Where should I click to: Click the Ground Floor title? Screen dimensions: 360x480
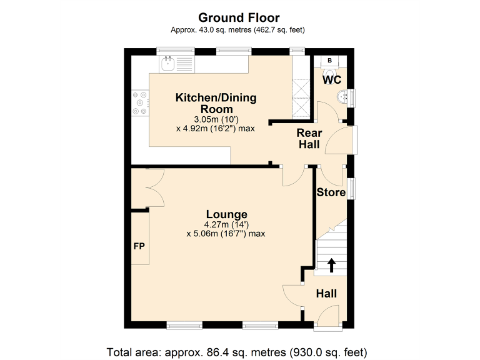click(239, 17)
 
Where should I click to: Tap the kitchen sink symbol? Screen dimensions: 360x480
click(168, 62)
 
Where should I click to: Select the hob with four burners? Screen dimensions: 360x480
click(141, 103)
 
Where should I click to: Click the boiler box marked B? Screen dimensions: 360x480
click(330, 61)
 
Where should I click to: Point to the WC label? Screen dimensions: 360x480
click(331, 80)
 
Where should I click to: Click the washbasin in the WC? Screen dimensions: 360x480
click(342, 97)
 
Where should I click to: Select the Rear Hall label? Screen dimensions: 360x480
click(309, 139)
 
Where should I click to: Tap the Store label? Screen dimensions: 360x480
click(331, 192)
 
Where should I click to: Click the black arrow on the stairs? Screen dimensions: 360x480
click(331, 265)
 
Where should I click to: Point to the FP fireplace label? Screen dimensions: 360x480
click(139, 246)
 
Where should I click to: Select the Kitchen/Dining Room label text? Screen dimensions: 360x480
click(216, 103)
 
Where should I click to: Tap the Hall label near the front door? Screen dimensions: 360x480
click(326, 294)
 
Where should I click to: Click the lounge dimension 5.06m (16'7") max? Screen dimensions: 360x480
click(226, 234)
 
